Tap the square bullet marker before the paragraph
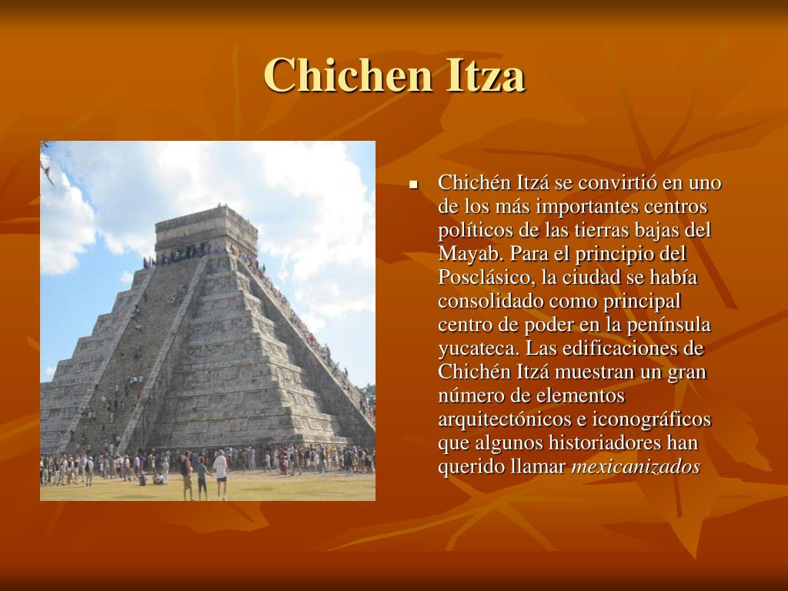click(413, 185)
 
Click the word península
click(669, 325)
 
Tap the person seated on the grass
click(159, 478)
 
